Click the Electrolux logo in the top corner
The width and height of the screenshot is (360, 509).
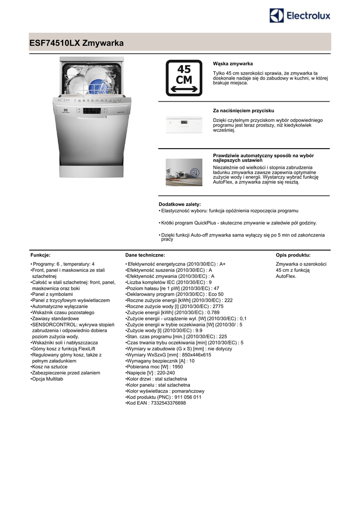[300, 16]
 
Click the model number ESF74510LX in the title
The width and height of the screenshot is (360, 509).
[54, 43]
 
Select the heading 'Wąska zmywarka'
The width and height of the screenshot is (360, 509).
[233, 64]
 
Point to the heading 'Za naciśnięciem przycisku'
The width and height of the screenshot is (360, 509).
[243, 110]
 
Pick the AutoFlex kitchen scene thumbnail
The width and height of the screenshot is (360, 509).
[183, 172]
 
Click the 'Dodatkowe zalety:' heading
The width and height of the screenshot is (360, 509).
[180, 204]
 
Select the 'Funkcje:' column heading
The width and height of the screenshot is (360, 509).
[40, 255]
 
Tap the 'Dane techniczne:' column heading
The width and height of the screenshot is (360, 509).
[145, 255]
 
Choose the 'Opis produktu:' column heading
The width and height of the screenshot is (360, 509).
[293, 255]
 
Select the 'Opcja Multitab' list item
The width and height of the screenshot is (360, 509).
[48, 379]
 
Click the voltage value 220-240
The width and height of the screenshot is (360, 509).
[165, 373]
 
